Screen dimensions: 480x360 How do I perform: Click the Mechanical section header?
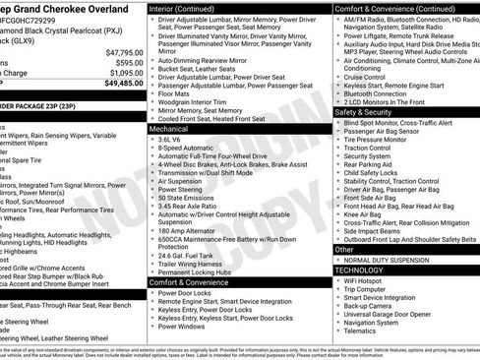coord(171,129)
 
